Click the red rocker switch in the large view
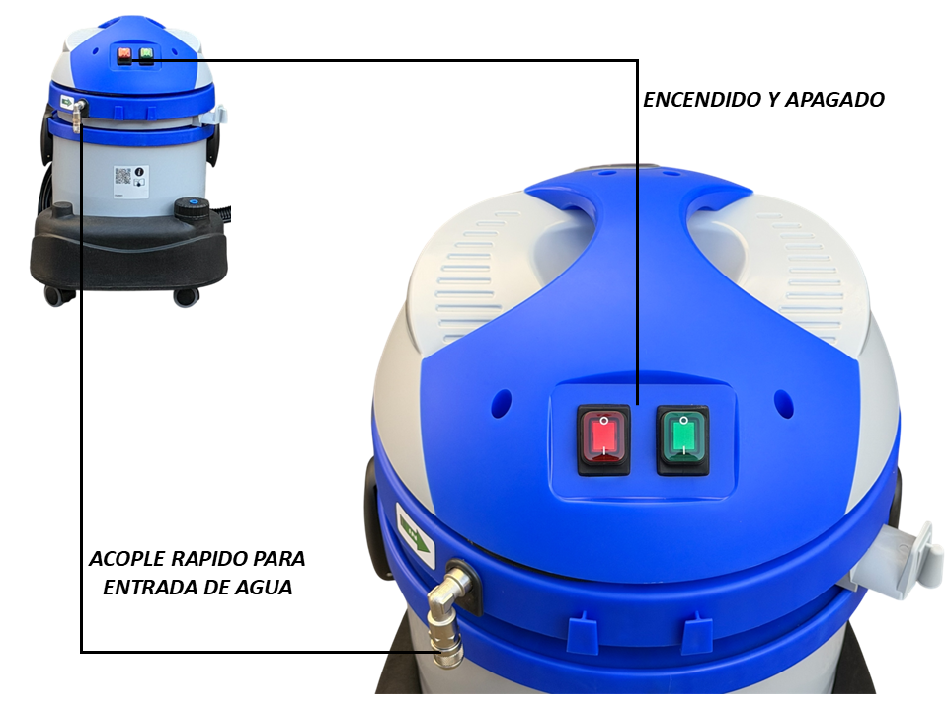click(603, 439)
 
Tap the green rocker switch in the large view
click(682, 439)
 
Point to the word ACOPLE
click(127, 559)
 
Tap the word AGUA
click(264, 587)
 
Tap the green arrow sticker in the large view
click(415, 536)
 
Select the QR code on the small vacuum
click(122, 176)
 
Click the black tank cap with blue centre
click(193, 209)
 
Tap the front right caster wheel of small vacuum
click(187, 296)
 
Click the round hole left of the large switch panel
click(502, 402)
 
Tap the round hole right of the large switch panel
click(783, 403)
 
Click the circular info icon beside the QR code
click(139, 171)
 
